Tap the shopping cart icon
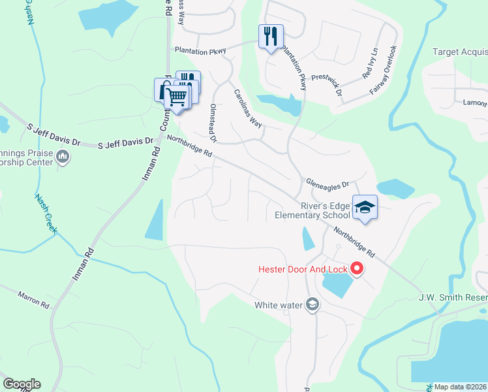(175, 96)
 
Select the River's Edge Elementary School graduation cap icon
(365, 207)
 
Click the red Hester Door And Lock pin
(357, 268)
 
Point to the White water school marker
(313, 304)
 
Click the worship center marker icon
(63, 156)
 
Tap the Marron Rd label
(34, 300)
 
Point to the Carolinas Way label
(248, 108)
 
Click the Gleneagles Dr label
(328, 184)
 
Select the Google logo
(21, 384)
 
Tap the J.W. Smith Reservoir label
(453, 298)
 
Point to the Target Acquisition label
(461, 52)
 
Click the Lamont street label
(475, 103)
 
